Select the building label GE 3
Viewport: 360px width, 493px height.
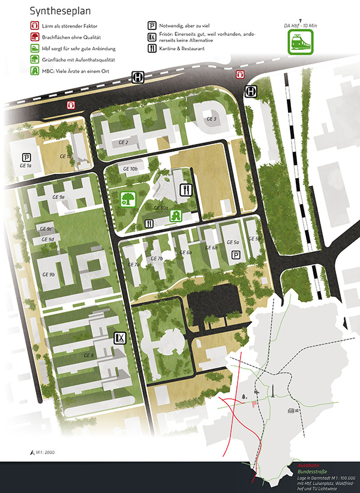(211, 119)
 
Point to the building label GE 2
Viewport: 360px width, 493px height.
(124, 142)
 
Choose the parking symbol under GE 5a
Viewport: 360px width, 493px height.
(236, 254)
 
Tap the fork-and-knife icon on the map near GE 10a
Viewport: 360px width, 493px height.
(187, 190)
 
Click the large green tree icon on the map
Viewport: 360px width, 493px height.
(128, 199)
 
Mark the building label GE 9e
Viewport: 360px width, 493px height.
(58, 197)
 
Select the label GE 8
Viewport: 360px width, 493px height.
(89, 356)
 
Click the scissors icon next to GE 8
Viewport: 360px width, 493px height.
(121, 338)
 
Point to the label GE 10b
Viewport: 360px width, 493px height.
(130, 169)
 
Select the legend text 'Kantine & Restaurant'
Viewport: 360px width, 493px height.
(183, 48)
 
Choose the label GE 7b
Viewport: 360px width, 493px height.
(157, 258)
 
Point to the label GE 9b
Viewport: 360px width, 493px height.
(49, 274)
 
